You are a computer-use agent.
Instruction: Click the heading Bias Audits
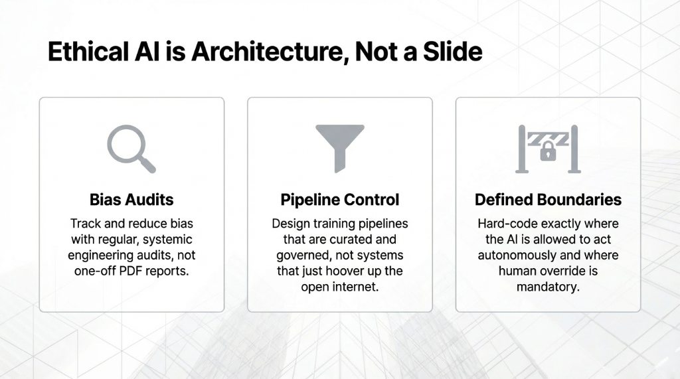[131, 200]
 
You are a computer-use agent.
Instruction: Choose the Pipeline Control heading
[339, 200]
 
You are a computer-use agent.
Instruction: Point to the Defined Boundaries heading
[548, 200]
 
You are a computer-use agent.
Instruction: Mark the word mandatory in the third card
[548, 287]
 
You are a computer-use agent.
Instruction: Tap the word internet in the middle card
[355, 287]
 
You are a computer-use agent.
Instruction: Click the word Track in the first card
[86, 224]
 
